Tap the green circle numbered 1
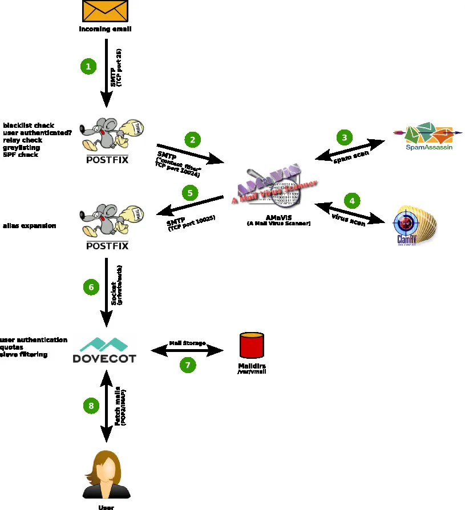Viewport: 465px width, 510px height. (x=88, y=67)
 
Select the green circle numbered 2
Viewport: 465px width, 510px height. (x=193, y=139)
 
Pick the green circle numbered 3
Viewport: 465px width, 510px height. (x=344, y=137)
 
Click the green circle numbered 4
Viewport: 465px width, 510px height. (x=352, y=201)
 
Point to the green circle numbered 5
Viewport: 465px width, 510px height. (x=190, y=193)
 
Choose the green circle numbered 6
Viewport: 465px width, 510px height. (x=91, y=288)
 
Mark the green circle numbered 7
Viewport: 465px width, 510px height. (x=188, y=365)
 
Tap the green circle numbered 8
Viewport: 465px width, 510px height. (x=91, y=406)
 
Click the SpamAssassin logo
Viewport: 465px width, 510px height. (x=425, y=136)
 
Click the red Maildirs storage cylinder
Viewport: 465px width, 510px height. (x=252, y=345)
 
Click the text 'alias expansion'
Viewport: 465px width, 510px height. (x=30, y=226)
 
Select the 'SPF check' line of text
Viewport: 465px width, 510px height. (x=21, y=155)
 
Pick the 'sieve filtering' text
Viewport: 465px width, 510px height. (x=23, y=354)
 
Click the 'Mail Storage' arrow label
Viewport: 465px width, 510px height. (x=187, y=343)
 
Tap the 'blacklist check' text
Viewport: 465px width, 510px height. (x=29, y=125)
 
